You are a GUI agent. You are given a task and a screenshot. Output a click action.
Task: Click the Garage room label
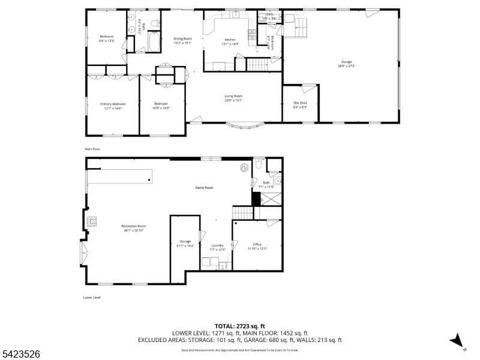click(x=347, y=62)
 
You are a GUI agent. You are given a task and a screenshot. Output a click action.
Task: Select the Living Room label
click(x=233, y=98)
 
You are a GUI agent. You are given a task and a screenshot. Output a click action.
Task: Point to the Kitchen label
click(x=231, y=41)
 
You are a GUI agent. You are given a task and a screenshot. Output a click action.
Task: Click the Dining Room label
click(x=182, y=40)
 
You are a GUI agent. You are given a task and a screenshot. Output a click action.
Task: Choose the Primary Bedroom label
click(x=113, y=106)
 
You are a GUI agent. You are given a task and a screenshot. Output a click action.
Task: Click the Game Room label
click(x=205, y=188)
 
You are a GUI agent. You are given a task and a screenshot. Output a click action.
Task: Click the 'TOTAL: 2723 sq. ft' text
click(x=240, y=326)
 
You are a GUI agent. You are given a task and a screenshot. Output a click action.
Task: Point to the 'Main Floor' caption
click(x=92, y=148)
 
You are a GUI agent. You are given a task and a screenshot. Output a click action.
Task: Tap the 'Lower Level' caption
click(x=92, y=297)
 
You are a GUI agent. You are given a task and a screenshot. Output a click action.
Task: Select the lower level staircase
click(x=242, y=212)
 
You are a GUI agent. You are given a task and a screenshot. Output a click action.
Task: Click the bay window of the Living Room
click(x=244, y=125)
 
